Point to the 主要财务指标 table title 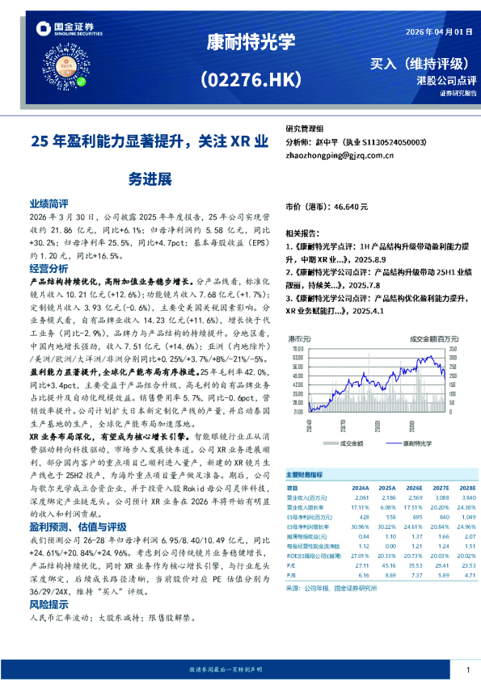[x=304, y=476]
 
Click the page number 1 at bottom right [x=467, y=670]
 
